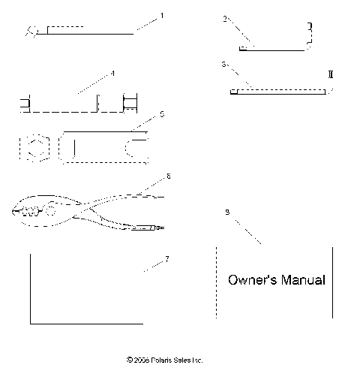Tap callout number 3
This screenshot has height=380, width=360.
(x=225, y=65)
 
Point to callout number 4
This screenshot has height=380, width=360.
(x=112, y=74)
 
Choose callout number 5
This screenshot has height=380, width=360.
(x=163, y=115)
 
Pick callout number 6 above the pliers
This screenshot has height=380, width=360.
(x=169, y=176)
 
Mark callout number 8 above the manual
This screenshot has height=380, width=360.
(x=227, y=213)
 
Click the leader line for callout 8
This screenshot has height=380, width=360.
(x=247, y=231)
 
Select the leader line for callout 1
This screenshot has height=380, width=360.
(x=147, y=23)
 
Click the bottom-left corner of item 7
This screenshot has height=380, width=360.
(x=31, y=323)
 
